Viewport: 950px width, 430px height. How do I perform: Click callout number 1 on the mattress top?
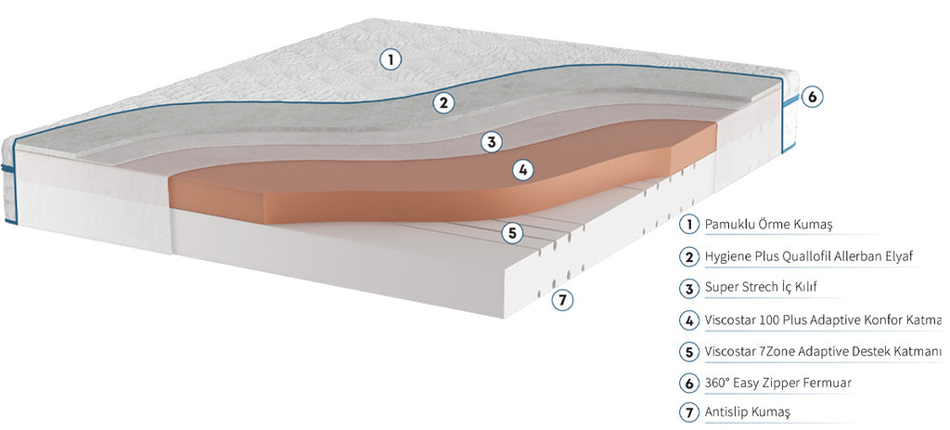[391, 59]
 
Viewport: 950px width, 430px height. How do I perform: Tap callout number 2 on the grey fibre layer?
[443, 103]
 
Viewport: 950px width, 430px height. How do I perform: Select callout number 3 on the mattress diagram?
[492, 142]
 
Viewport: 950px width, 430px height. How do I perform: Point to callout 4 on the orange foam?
[523, 170]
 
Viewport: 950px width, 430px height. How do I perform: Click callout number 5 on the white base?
[512, 233]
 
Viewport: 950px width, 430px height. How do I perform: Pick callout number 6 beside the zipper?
[813, 97]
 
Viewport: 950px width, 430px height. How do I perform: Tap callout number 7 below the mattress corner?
[562, 299]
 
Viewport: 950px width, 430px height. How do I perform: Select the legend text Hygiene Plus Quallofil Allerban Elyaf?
[809, 256]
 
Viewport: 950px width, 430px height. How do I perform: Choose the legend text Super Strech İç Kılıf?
[761, 288]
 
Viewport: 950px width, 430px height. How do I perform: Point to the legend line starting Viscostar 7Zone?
[824, 351]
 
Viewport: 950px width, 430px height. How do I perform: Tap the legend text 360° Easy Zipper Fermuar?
[778, 383]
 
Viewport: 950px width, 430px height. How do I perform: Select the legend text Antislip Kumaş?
[748, 413]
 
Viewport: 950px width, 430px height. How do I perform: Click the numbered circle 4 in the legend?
[689, 319]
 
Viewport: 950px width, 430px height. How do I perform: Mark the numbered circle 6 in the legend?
[689, 383]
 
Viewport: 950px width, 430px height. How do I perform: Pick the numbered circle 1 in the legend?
[689, 225]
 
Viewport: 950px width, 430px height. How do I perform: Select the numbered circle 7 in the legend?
[689, 413]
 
